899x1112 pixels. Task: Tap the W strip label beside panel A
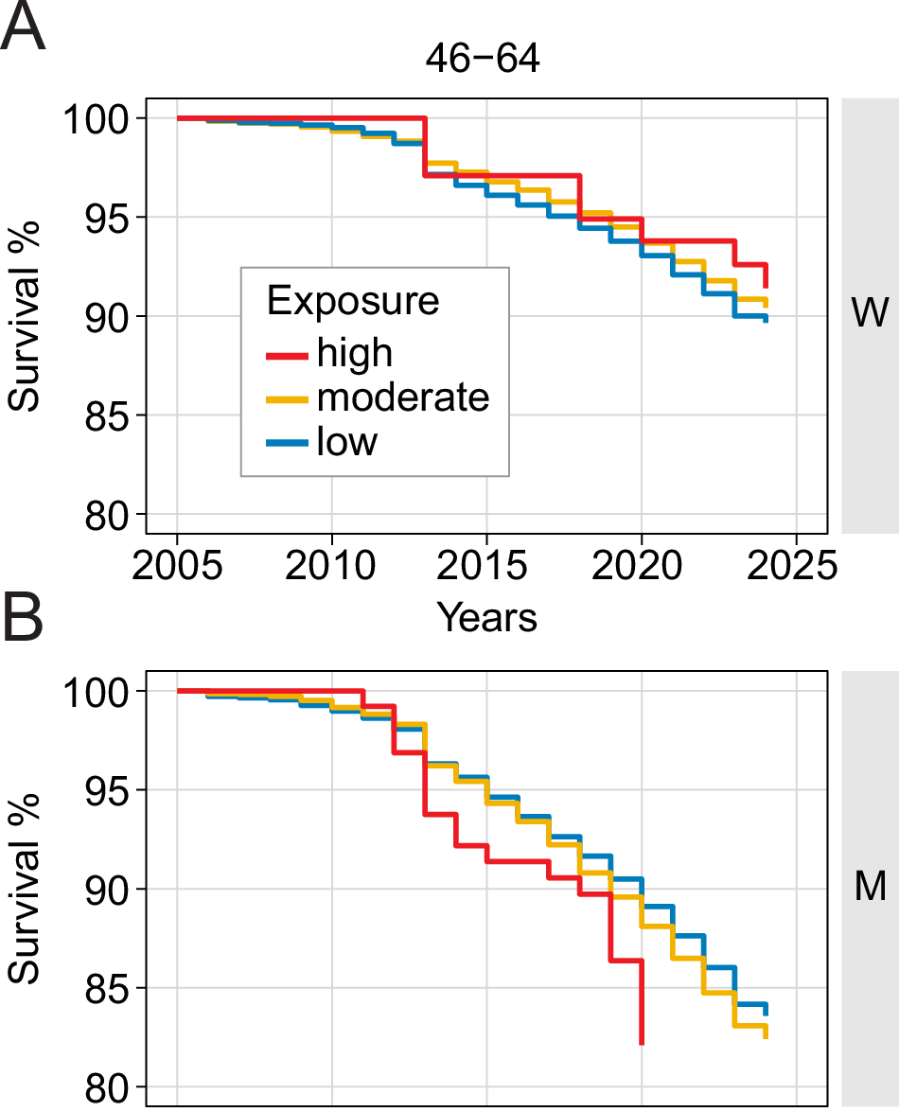pos(869,315)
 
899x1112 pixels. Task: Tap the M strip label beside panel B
pos(869,888)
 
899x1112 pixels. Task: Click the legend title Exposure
pos(353,301)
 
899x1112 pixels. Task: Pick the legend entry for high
pos(355,353)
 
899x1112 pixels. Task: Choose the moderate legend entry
pos(403,397)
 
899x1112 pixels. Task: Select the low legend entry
pos(347,441)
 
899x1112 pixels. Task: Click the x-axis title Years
pos(486,617)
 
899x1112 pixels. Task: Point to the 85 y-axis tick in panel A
pos(113,415)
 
